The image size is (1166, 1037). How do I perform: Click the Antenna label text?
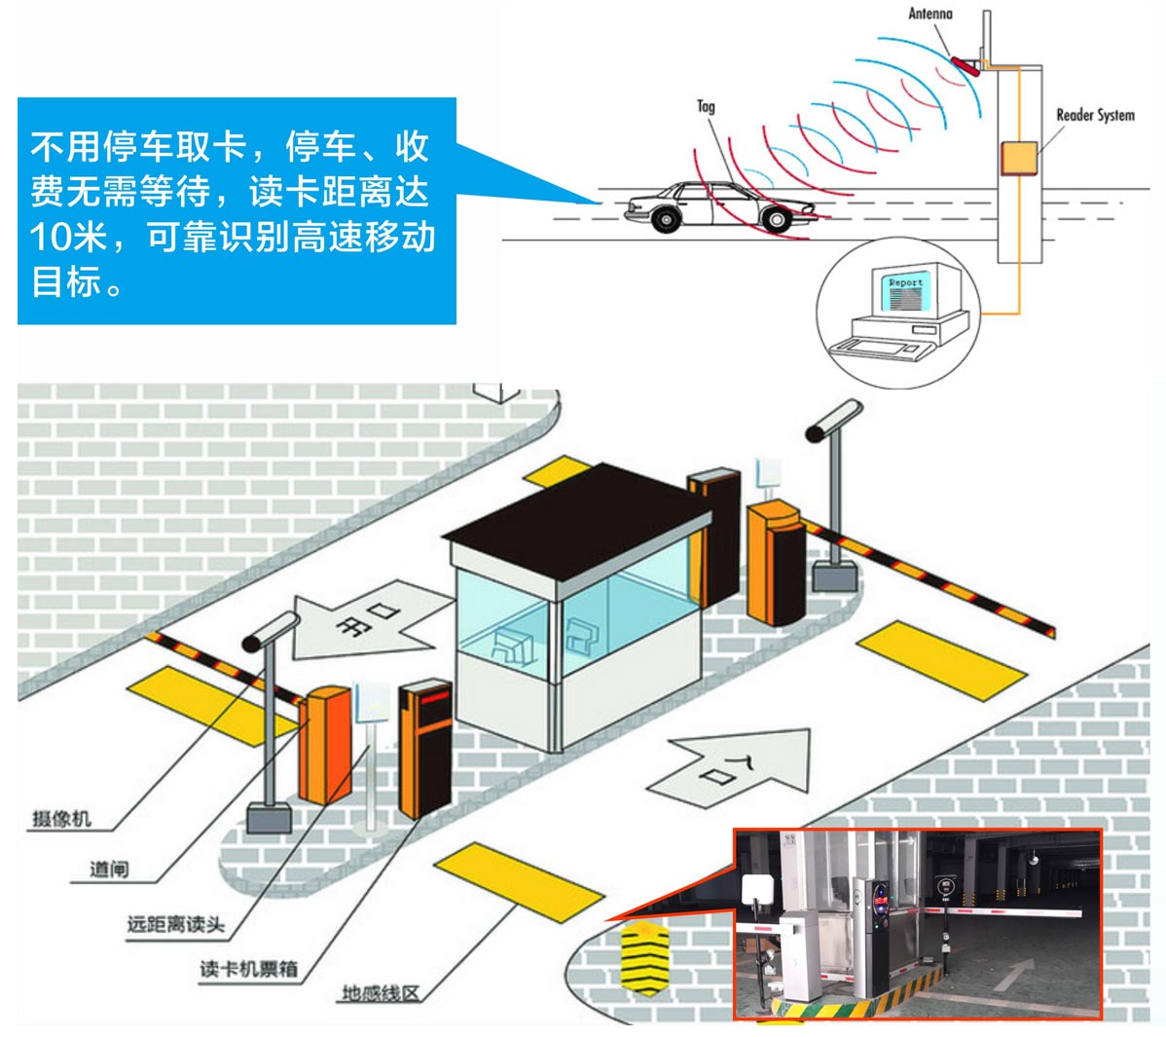[x=929, y=14]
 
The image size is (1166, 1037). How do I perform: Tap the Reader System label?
[x=1095, y=115]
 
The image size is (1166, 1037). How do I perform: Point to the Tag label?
[x=706, y=106]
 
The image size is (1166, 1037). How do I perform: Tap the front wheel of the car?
[x=775, y=218]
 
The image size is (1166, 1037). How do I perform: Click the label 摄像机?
[x=61, y=818]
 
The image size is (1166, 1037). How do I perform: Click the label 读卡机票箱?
[x=248, y=969]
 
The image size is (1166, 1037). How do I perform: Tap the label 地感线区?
[x=381, y=994]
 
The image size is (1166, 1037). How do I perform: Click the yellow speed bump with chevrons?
[x=643, y=958]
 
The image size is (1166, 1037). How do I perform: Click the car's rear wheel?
[x=666, y=220]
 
